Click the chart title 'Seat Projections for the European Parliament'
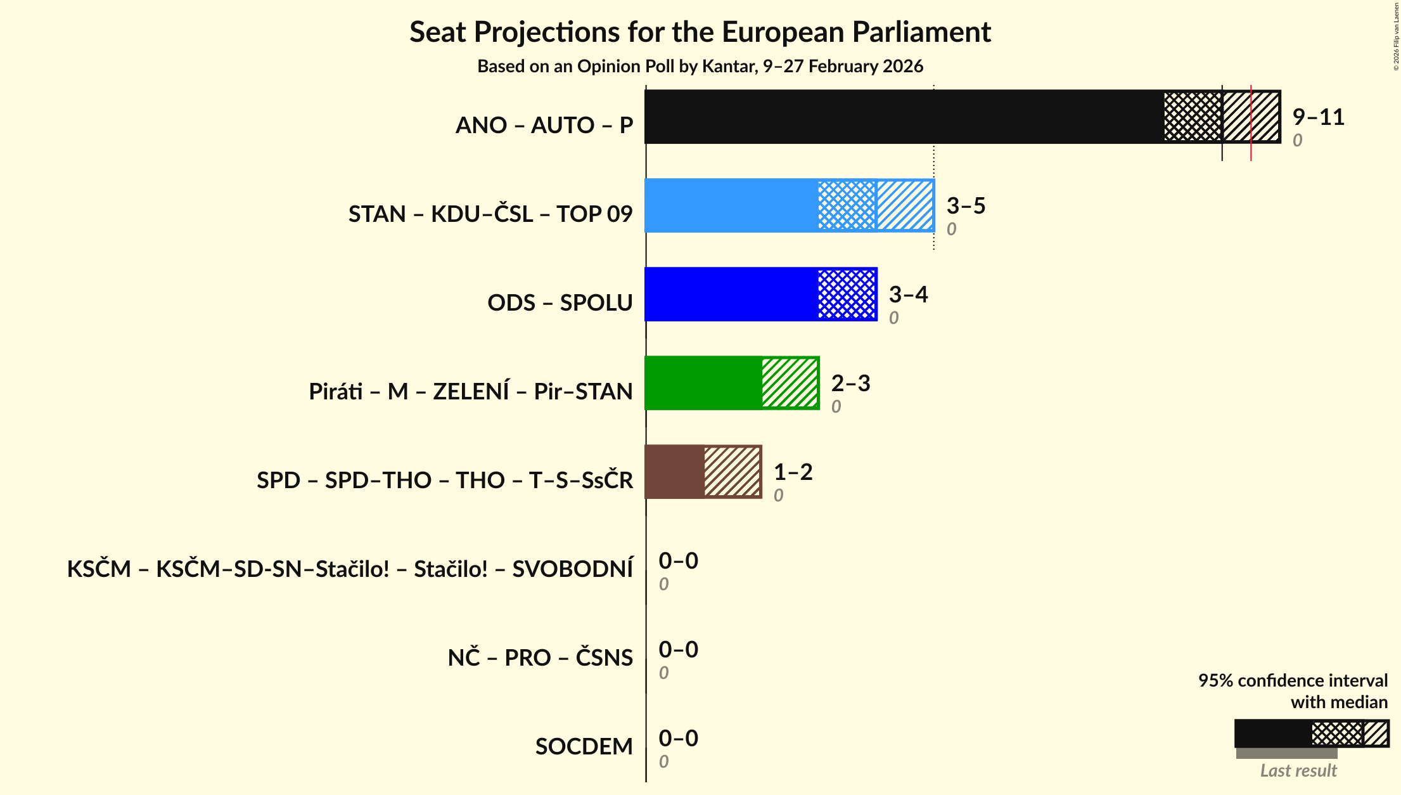(700, 32)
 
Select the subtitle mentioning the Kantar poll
(700, 67)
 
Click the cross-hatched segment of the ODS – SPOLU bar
(847, 294)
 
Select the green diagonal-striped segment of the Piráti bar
(790, 383)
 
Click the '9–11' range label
(1318, 117)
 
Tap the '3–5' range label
(966, 205)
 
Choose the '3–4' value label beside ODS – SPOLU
(908, 294)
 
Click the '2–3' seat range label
(850, 383)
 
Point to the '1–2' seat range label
(793, 472)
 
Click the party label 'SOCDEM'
(584, 747)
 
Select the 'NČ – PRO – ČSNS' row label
(540, 658)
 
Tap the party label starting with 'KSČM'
(350, 569)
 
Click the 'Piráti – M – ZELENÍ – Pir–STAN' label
(470, 392)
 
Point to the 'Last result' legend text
(1298, 770)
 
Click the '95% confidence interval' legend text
(1293, 681)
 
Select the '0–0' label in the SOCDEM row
(678, 738)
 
